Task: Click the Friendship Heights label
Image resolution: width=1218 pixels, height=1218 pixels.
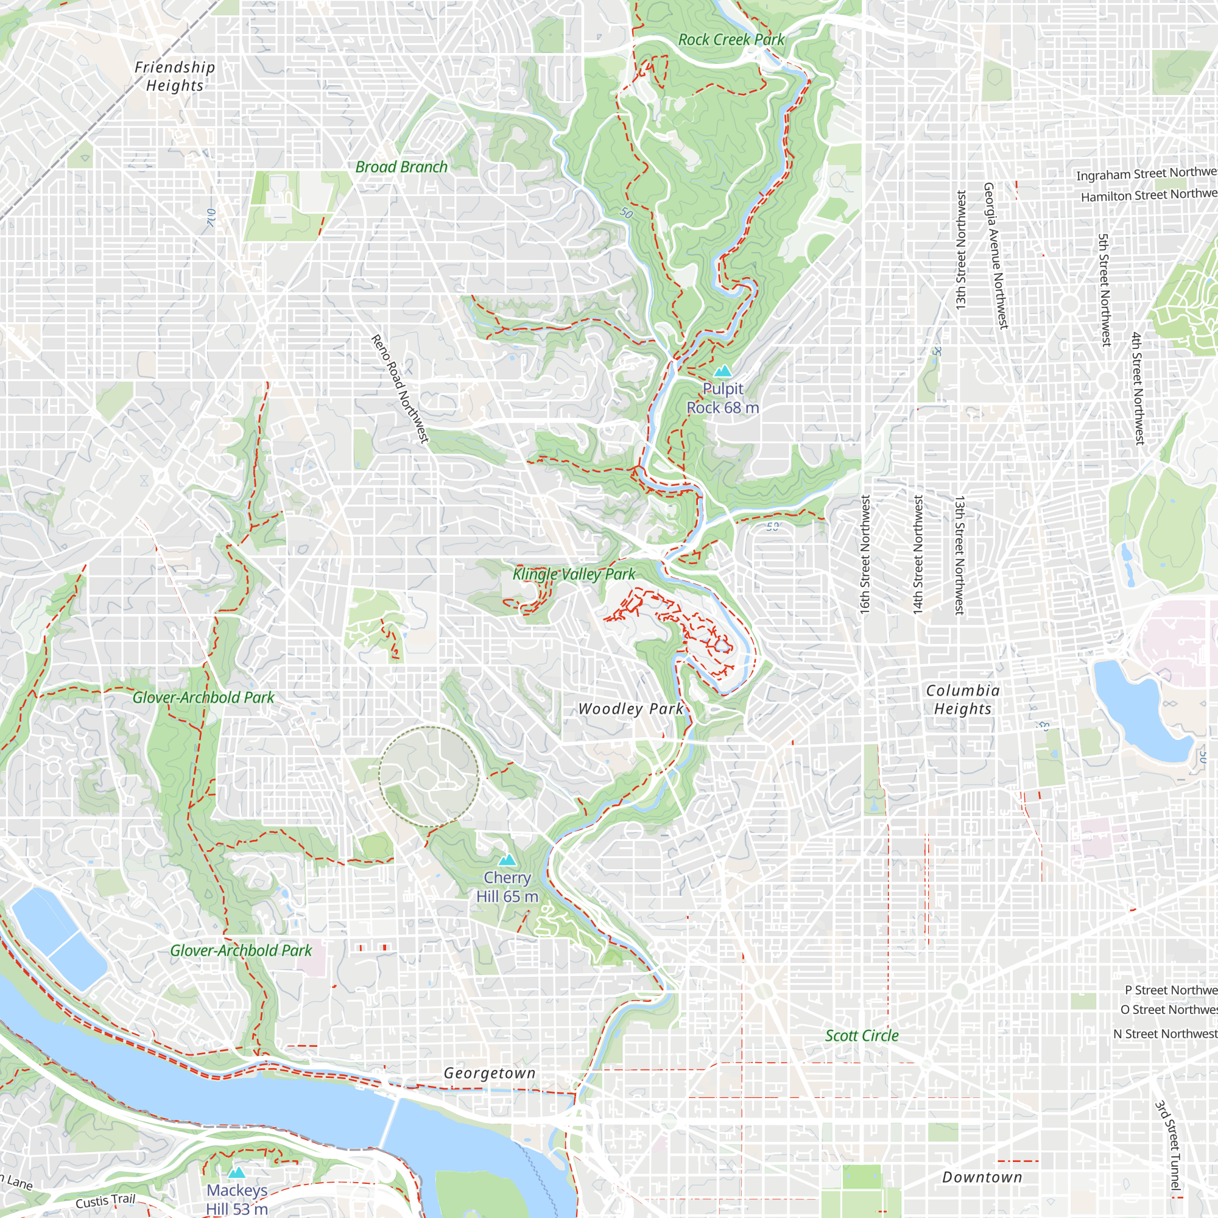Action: tap(175, 76)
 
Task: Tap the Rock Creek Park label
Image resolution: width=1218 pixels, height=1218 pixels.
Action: tap(731, 40)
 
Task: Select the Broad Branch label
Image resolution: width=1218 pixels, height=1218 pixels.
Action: tap(401, 167)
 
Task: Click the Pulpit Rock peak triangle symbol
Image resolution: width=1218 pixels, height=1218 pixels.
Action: tap(722, 371)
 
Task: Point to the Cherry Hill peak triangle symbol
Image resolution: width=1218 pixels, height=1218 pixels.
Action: tap(507, 860)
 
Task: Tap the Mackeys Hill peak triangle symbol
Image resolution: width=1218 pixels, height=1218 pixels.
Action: tap(236, 1172)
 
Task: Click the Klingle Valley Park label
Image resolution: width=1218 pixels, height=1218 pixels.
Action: tap(574, 574)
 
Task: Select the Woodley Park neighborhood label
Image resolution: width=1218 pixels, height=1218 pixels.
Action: tap(631, 709)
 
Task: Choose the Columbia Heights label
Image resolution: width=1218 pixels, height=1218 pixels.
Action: tap(963, 699)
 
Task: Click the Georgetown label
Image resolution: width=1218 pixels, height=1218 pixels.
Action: tap(490, 1073)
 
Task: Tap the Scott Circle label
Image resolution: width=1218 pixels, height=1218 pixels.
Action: tap(862, 1035)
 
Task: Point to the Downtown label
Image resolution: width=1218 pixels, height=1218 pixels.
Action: tap(982, 1177)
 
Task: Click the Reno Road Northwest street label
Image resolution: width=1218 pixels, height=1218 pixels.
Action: tap(400, 389)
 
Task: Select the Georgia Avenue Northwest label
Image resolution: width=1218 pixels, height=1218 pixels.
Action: tap(996, 255)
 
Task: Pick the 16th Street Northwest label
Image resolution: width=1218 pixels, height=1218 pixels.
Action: tap(865, 554)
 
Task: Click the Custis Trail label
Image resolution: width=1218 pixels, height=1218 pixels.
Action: tap(105, 1201)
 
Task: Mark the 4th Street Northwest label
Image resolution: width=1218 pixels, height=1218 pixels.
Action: tap(1137, 389)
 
